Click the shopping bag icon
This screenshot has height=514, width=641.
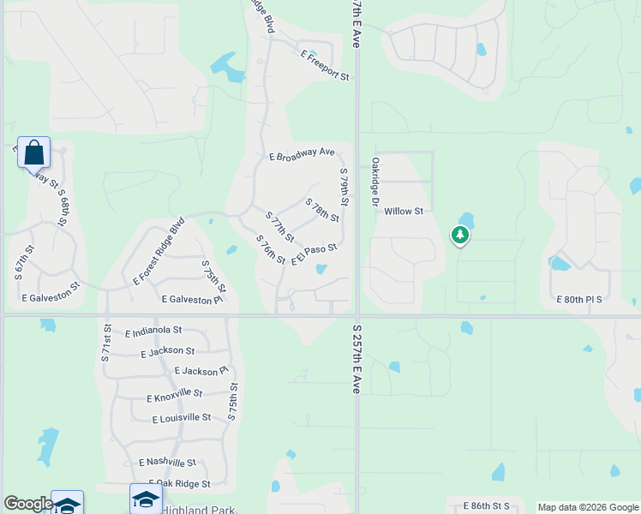pyautogui.click(x=33, y=153)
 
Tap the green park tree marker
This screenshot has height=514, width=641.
pyautogui.click(x=460, y=235)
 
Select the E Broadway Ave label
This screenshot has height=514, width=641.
pyautogui.click(x=302, y=154)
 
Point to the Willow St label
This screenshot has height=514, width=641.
pyautogui.click(x=404, y=211)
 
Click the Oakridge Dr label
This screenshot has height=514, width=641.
pyautogui.click(x=374, y=182)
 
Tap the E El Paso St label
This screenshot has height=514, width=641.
pyautogui.click(x=315, y=254)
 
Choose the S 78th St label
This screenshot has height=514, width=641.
pyautogui.click(x=322, y=210)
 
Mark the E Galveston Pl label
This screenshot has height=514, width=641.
pyautogui.click(x=192, y=300)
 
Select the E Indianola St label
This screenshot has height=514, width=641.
pyautogui.click(x=153, y=330)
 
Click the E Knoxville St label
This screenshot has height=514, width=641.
pyautogui.click(x=174, y=396)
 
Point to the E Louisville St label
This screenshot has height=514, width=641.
pyautogui.click(x=181, y=418)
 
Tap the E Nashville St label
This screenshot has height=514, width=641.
pyautogui.click(x=167, y=463)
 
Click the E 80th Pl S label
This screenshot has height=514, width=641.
pyautogui.click(x=580, y=300)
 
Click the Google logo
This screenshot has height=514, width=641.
pyautogui.click(x=28, y=504)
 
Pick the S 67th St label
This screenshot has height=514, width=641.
pyautogui.click(x=24, y=264)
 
